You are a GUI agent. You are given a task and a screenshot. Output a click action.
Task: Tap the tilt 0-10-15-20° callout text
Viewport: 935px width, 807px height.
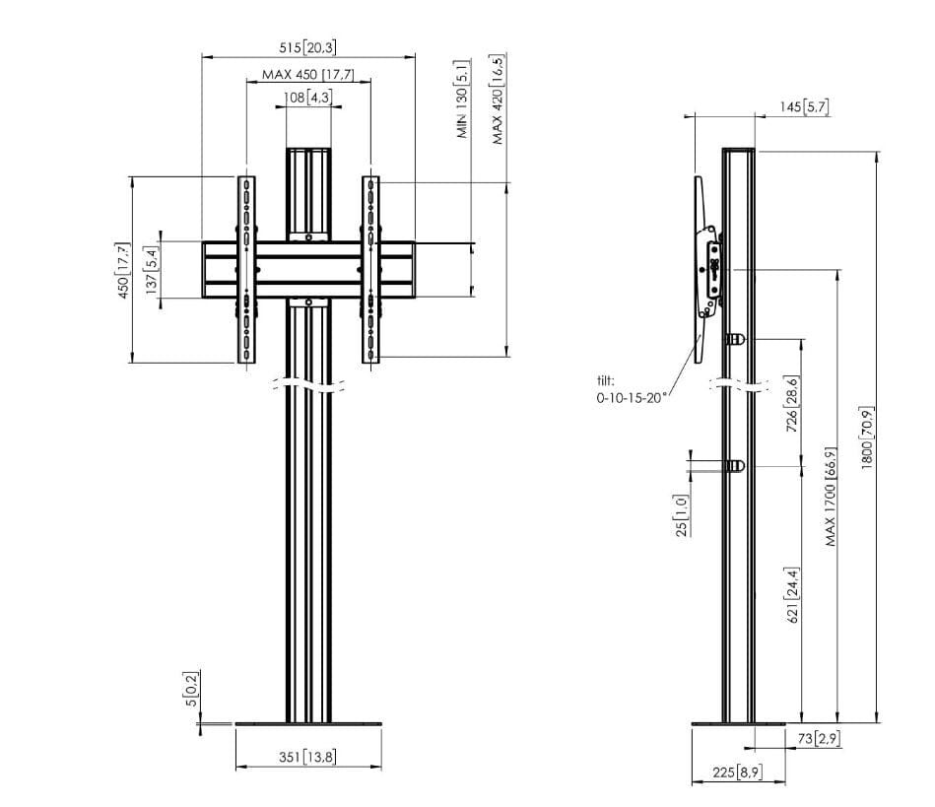pyautogui.click(x=631, y=389)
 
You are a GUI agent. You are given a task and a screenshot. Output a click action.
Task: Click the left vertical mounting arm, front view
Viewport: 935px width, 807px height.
pyautogui.click(x=246, y=270)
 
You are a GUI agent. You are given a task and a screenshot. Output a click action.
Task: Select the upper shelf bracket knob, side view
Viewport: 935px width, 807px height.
pyautogui.click(x=735, y=339)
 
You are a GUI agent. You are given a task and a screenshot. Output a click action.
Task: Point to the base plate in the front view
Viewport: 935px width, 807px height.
pyautogui.click(x=308, y=724)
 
